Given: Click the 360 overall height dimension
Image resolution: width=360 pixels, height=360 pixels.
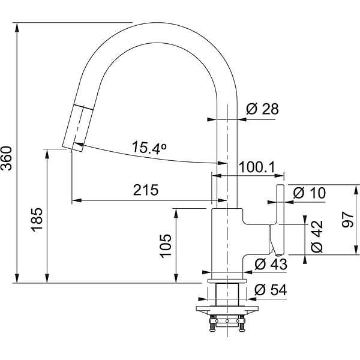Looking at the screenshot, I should click(x=7, y=158).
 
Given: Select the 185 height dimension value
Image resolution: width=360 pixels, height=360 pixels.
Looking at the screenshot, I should click(x=37, y=220).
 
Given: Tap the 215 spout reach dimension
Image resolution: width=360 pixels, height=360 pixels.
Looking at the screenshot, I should click(x=146, y=190).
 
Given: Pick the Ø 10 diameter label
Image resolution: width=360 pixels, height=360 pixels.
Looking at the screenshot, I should click(x=309, y=193).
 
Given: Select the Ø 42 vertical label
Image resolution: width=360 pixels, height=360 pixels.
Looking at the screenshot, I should click(x=317, y=235).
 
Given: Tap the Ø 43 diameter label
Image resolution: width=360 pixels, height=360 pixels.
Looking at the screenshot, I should click(x=271, y=263).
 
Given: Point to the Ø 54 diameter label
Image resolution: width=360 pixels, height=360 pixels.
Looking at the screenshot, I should click(x=271, y=289).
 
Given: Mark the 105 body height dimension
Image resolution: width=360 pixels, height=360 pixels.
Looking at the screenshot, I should click(x=166, y=246).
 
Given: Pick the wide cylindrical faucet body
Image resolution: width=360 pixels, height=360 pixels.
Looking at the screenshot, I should click(x=228, y=243).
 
